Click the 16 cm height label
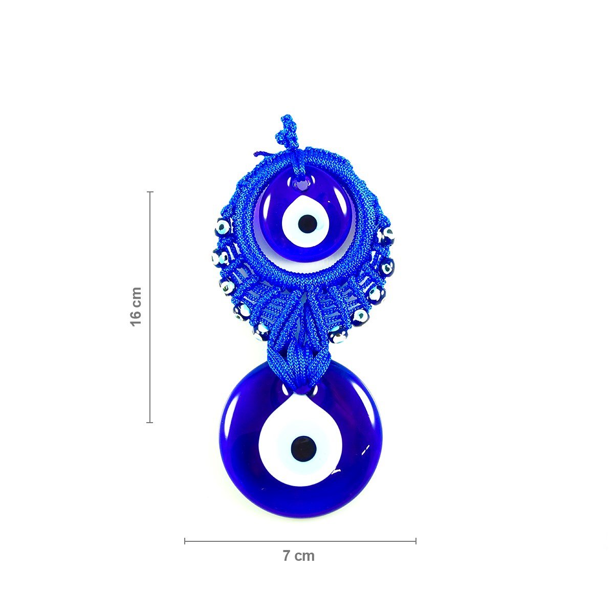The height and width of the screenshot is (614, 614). pyautogui.click(x=136, y=306)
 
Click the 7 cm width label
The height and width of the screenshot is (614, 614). pyautogui.click(x=298, y=556)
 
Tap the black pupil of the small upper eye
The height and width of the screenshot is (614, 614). pyautogui.click(x=307, y=224)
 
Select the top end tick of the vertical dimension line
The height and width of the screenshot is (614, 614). pyautogui.click(x=150, y=192)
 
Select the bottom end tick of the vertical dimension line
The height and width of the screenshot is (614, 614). pyautogui.click(x=150, y=423)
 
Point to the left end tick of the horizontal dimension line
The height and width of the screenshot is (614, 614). pyautogui.click(x=185, y=541)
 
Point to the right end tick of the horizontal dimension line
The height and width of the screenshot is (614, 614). pyautogui.click(x=416, y=541)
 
